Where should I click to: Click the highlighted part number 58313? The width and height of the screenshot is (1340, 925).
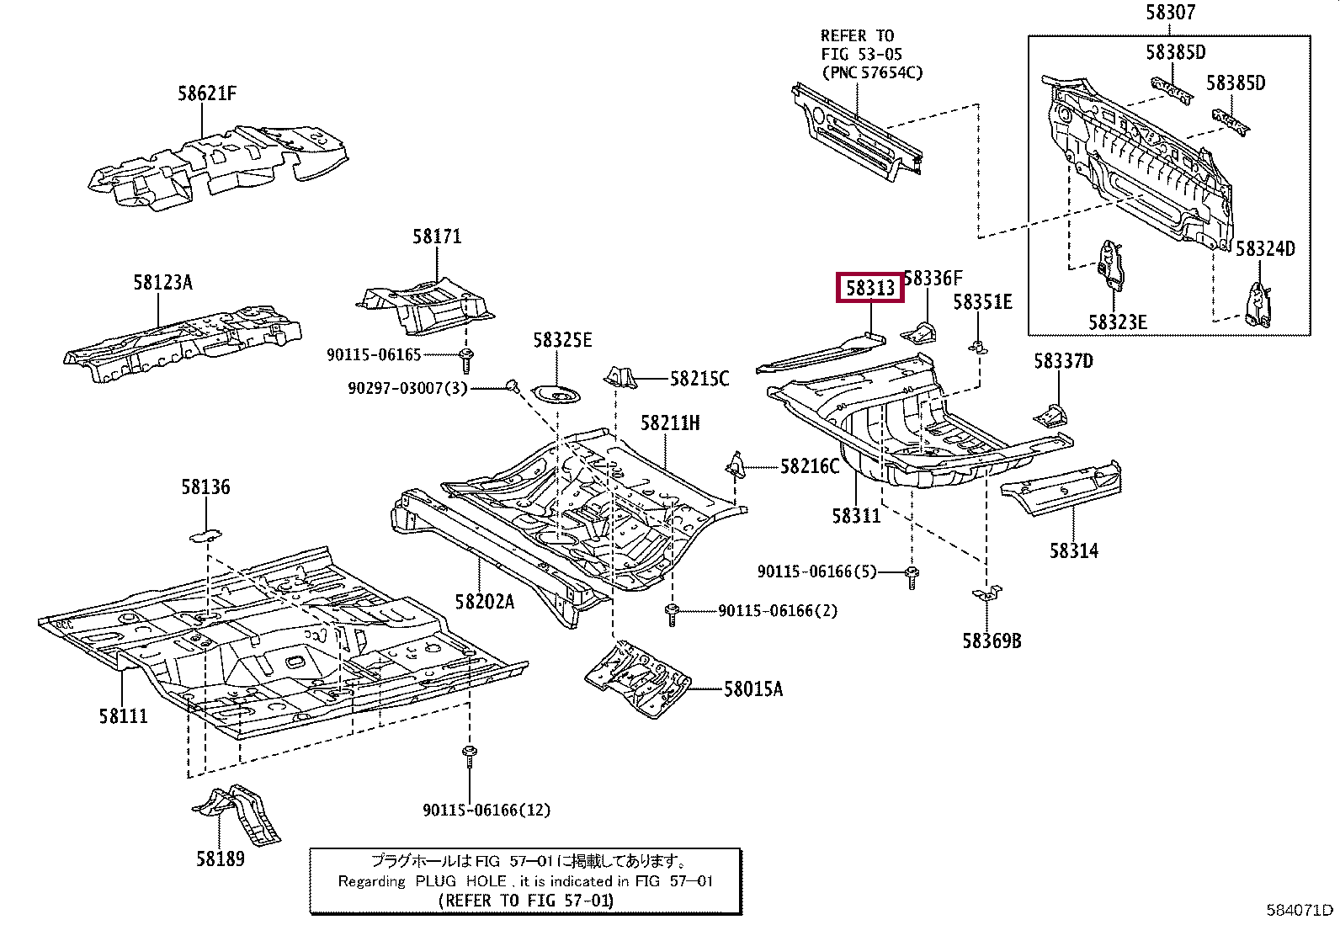click(869, 288)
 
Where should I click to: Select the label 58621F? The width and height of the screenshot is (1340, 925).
click(206, 93)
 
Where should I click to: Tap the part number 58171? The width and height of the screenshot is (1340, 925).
click(437, 237)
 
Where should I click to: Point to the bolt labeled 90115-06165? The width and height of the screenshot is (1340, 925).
click(466, 359)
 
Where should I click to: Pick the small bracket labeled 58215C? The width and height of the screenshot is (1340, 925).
click(621, 377)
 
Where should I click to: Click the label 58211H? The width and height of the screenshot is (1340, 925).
click(669, 423)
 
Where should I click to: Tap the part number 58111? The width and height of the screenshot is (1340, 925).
click(123, 716)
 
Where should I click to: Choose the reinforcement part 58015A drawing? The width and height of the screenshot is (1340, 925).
click(638, 680)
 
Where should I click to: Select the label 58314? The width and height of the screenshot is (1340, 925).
click(1073, 550)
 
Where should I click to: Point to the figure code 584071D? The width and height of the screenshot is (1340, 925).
click(1300, 909)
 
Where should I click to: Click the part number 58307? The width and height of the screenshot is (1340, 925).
click(1170, 12)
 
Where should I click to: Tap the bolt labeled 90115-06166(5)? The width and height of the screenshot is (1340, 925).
click(912, 577)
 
